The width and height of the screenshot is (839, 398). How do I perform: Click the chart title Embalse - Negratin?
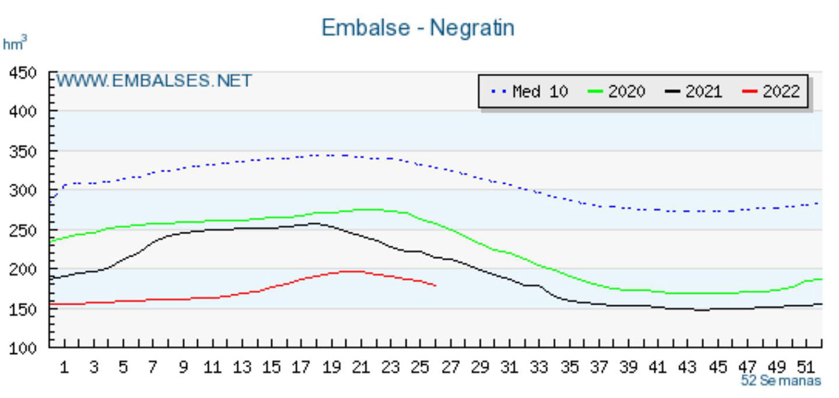click(x=418, y=28)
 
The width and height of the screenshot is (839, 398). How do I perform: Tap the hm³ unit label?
click(x=15, y=44)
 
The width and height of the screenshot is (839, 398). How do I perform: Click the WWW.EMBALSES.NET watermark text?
click(x=154, y=81)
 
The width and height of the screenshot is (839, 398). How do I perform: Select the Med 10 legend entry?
click(x=530, y=92)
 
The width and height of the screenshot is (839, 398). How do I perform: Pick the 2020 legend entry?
click(x=616, y=92)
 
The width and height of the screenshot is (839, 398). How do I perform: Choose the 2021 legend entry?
click(x=693, y=92)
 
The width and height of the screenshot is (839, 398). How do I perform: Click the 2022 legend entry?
click(x=771, y=92)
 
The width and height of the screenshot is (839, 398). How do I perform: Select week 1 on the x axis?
click(x=64, y=368)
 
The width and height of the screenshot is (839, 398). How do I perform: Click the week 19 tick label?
click(x=331, y=368)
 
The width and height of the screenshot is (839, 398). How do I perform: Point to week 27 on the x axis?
click(x=450, y=368)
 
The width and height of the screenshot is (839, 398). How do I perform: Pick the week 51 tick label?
click(x=806, y=368)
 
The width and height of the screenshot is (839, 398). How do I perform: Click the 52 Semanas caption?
click(x=781, y=381)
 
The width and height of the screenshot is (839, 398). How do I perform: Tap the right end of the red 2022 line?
click(x=435, y=285)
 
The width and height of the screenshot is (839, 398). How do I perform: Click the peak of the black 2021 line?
click(x=315, y=223)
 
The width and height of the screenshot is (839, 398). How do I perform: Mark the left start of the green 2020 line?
click(x=51, y=241)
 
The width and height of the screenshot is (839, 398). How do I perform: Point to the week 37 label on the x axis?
click(x=598, y=368)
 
